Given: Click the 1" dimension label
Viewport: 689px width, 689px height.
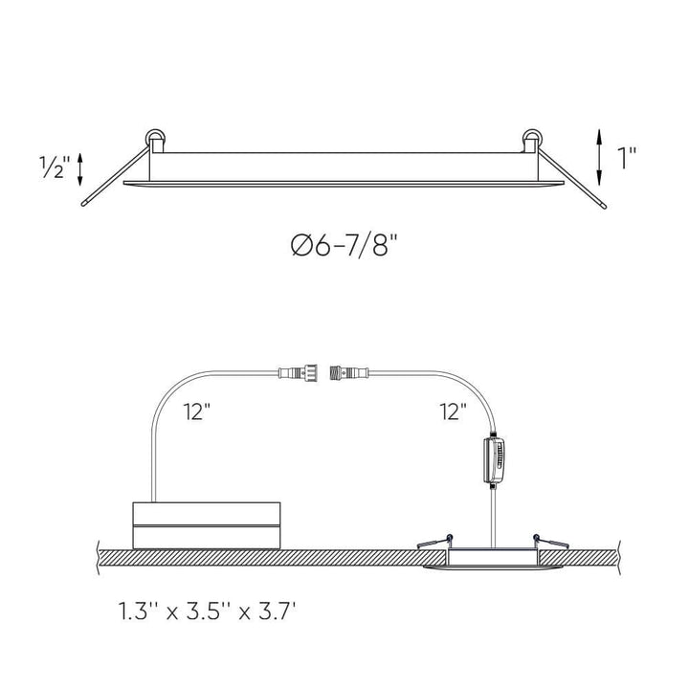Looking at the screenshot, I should click(x=627, y=158).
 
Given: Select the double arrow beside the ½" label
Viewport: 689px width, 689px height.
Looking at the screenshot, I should click(x=81, y=169).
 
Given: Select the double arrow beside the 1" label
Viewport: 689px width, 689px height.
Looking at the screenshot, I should click(x=598, y=158).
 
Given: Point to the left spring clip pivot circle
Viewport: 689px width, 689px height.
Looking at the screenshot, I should click(x=155, y=139).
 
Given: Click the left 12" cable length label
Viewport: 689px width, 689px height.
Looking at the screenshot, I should click(x=197, y=413).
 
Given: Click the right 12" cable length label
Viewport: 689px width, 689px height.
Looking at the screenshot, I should click(x=453, y=413).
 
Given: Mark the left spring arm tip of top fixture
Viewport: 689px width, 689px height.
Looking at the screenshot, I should click(x=84, y=202).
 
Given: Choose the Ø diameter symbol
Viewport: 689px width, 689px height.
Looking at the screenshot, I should click(x=300, y=247).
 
